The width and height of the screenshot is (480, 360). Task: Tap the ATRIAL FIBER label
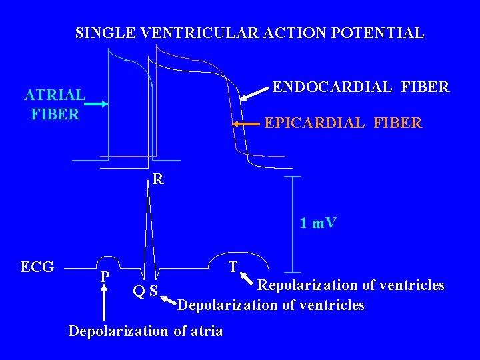[55, 105]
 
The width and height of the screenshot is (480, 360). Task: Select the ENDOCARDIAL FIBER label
[361, 87]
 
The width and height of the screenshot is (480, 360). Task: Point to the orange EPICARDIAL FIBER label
[343, 123]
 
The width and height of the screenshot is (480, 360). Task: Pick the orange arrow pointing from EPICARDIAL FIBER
[246, 124]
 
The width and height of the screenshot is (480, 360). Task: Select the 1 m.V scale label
[318, 223]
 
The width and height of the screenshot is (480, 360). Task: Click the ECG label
[37, 267]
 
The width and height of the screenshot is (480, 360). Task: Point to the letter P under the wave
[105, 276]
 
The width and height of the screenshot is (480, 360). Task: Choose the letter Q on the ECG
[138, 291]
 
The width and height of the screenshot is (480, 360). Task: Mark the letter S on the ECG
[153, 291]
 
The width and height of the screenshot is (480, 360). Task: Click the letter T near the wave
[233, 267]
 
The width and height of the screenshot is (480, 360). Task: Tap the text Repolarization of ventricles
[351, 285]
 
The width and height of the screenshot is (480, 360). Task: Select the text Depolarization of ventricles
[271, 305]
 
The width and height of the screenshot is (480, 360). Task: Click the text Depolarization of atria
[146, 331]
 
